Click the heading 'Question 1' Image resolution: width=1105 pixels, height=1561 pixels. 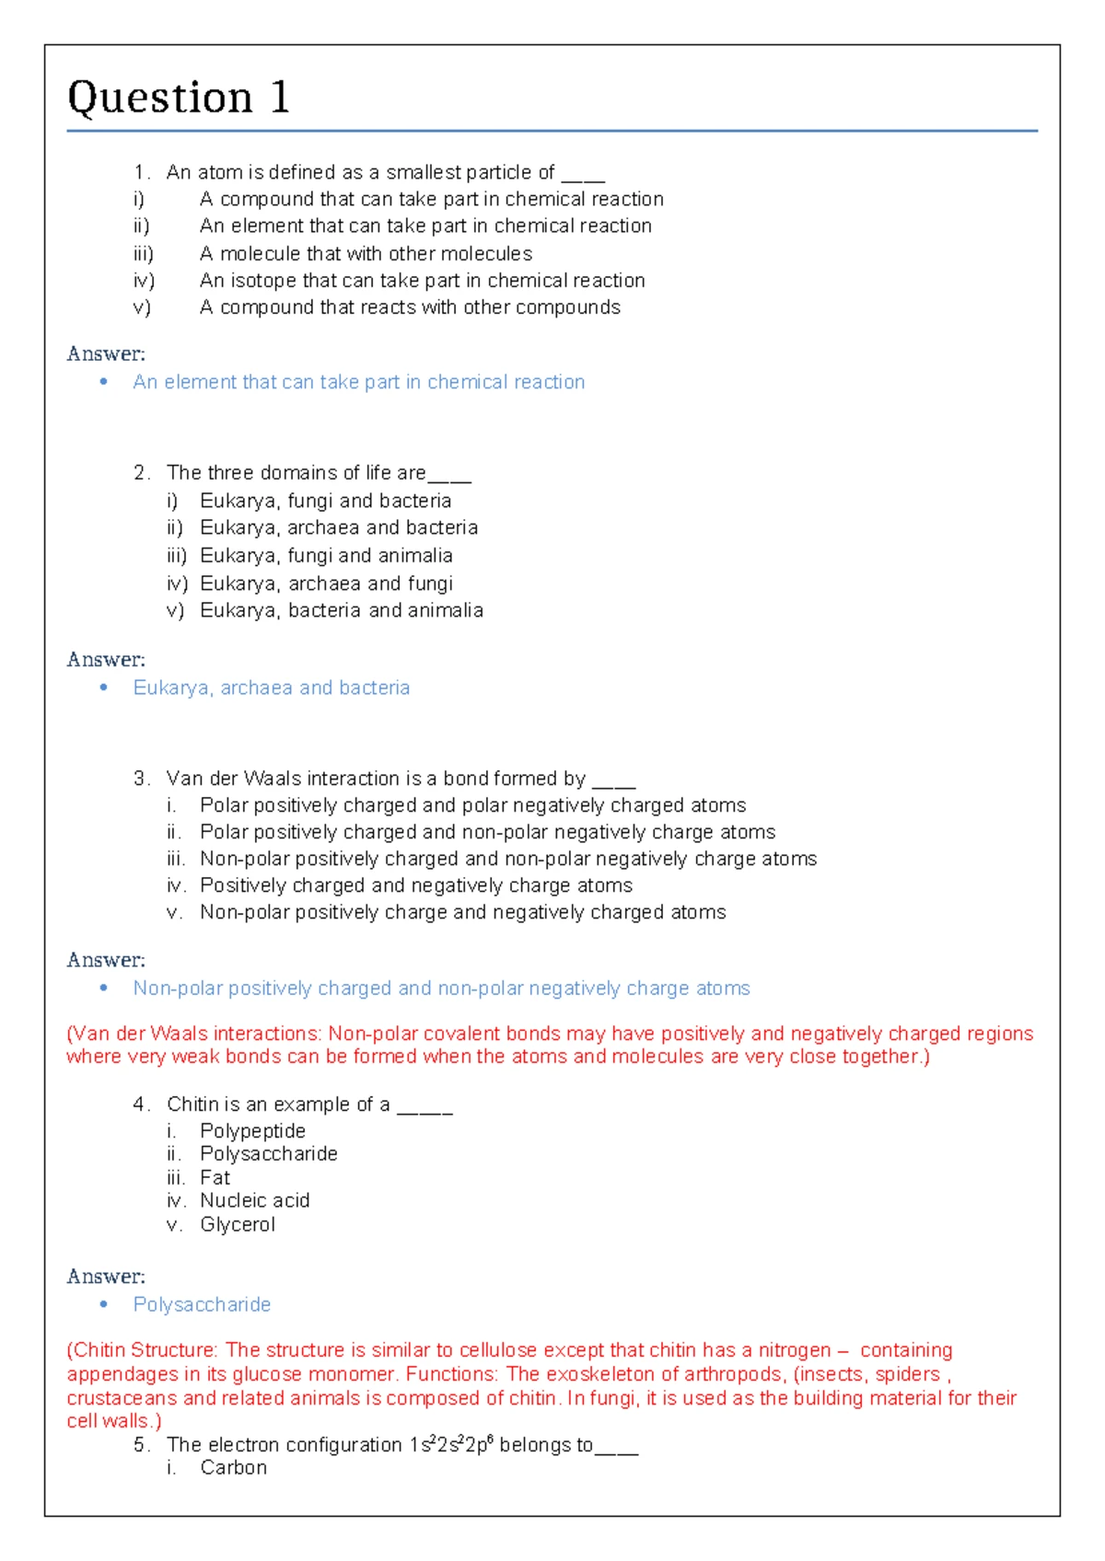pos(179,98)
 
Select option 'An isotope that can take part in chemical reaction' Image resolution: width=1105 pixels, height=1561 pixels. pos(422,281)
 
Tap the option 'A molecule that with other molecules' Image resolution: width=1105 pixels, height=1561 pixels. pos(366,254)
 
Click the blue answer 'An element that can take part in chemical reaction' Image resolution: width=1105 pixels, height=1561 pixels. pos(358,382)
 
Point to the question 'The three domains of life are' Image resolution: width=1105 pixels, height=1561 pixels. pos(296,473)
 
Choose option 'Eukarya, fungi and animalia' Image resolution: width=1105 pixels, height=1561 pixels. pos(326,556)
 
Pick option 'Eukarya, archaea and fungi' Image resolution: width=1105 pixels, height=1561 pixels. pos(326,584)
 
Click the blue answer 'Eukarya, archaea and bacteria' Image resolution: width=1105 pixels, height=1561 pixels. pos(271,688)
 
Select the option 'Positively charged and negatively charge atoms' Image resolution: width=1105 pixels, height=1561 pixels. pos(416,885)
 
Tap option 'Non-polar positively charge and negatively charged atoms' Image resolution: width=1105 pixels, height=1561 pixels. pos(462,912)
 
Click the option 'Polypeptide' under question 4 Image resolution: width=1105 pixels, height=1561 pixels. pos(252,1131)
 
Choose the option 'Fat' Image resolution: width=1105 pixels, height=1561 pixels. pos(215,1178)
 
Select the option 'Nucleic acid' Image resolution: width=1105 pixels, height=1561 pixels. pos(254,1201)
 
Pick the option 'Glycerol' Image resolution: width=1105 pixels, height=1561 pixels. pos(238,1225)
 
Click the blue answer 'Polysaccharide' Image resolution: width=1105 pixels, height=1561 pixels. pos(202,1304)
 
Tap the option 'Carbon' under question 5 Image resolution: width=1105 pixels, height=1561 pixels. pos(233,1468)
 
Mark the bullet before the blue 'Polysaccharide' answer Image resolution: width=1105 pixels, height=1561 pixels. pos(104,1304)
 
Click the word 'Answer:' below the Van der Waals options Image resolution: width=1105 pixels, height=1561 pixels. pos(106,960)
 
